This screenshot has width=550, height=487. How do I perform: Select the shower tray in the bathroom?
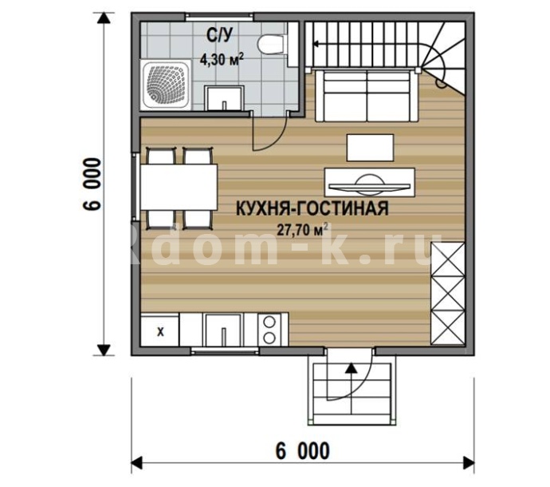[167, 85]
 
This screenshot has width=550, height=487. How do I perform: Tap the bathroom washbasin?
[224, 98]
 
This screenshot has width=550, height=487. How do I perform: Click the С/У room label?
[219, 35]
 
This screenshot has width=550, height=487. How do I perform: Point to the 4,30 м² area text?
[222, 59]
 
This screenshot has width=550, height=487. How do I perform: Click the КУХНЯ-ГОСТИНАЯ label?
[312, 208]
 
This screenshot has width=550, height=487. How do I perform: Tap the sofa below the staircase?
[367, 96]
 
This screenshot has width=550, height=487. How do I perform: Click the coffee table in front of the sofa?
[370, 148]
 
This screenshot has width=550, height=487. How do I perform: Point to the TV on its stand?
[370, 182]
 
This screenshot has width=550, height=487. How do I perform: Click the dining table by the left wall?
[179, 188]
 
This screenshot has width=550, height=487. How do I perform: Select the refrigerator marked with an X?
[160, 331]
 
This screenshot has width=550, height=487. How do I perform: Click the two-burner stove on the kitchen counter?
[269, 330]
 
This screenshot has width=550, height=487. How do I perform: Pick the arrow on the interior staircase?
[366, 44]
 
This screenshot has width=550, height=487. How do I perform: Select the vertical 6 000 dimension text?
[92, 184]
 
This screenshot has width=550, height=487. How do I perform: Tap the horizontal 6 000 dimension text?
[303, 451]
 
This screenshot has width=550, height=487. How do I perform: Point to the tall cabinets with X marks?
[448, 293]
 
